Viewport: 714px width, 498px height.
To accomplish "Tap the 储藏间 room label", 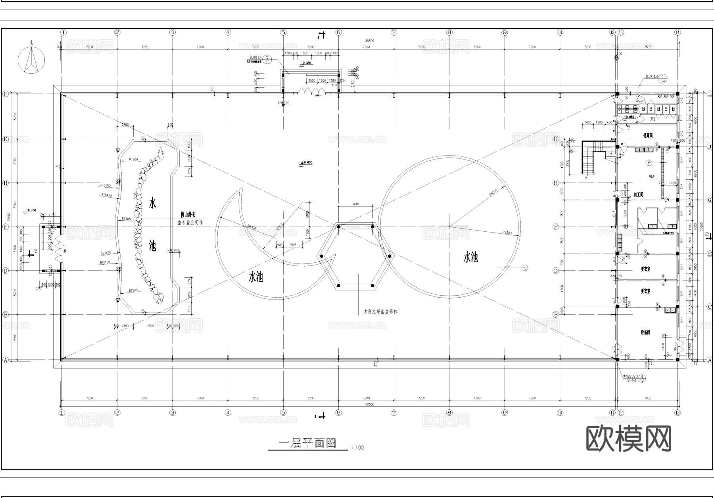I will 648,136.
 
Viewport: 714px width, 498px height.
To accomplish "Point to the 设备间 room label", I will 645,333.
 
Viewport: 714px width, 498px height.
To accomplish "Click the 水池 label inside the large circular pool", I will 470,258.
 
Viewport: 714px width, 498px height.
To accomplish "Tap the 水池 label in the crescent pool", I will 256,277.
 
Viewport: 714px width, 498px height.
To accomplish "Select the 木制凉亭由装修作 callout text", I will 381,311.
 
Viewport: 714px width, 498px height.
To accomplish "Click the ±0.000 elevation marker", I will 306,163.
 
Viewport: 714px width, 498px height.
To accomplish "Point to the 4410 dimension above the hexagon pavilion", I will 355,204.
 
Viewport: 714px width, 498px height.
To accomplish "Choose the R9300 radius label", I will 507,232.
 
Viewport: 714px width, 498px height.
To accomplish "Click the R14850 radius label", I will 127,219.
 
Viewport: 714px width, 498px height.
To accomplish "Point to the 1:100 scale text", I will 357,448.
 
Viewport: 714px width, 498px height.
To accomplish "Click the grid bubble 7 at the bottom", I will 394,413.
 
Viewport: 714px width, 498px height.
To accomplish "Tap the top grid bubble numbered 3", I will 173,32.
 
